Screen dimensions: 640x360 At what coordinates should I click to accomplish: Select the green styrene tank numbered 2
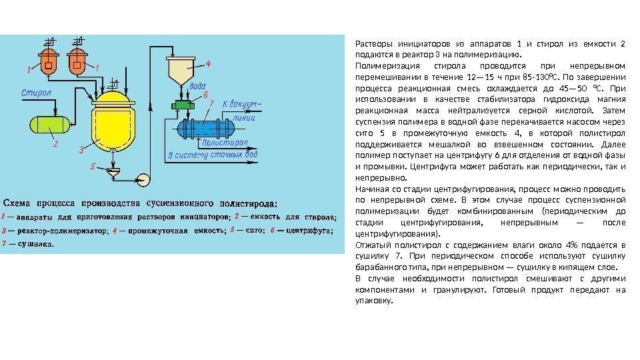(47, 124)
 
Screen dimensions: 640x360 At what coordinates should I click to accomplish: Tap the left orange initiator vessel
(47, 62)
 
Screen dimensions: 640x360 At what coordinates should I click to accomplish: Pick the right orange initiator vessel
(78, 62)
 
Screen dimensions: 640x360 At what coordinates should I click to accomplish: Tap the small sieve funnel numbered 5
(115, 175)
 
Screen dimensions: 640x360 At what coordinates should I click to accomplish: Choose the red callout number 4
(208, 64)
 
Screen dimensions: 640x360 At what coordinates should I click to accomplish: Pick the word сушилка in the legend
(35, 244)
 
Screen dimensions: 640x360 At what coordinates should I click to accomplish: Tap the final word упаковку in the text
(375, 300)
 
